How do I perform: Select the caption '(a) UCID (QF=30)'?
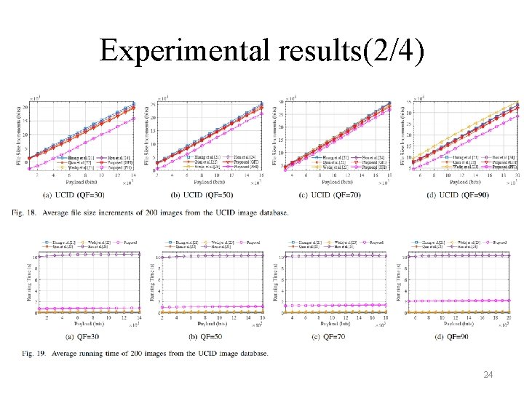(x=74, y=195)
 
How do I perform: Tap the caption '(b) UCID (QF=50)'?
(x=202, y=195)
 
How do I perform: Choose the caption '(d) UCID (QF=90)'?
(x=458, y=195)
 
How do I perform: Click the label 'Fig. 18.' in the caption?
(x=33, y=213)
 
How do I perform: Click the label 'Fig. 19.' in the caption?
(x=33, y=354)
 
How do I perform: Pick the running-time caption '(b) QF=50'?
(x=204, y=336)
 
